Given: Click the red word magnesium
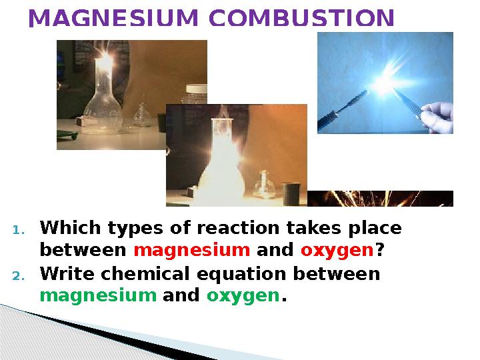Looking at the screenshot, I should click(x=192, y=251).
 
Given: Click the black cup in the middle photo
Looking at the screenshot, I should click(x=290, y=193).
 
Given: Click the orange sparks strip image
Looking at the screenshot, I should click(x=380, y=199).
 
